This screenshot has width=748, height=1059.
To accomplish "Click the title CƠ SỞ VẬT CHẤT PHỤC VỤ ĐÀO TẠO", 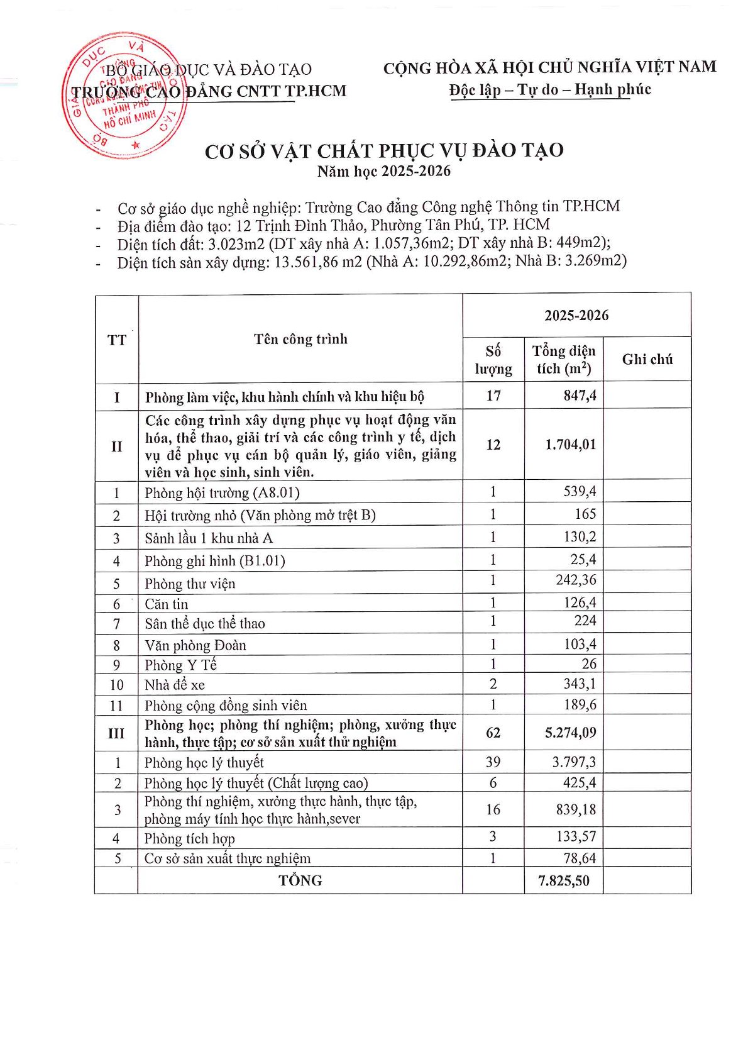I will [384, 152].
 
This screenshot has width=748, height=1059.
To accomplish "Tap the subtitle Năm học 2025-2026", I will [384, 171].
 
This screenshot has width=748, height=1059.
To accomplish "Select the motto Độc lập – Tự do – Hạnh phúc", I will [549, 90].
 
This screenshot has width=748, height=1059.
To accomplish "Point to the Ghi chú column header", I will [647, 360].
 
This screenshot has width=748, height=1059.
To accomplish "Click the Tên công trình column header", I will [300, 340].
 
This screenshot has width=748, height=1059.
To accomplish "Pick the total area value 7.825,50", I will [564, 880].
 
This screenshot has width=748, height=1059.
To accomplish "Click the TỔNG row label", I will [300, 880].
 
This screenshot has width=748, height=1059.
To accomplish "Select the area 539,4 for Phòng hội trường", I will [580, 492].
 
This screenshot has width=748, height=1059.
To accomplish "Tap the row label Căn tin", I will [167, 604].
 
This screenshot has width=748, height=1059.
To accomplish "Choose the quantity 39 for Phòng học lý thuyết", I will [493, 762].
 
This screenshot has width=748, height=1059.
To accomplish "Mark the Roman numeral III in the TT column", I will [116, 733].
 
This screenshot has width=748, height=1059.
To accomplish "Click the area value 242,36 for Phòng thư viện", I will [576, 580].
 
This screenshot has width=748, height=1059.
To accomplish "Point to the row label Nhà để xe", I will [175, 685].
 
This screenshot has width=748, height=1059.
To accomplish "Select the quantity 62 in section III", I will [493, 733].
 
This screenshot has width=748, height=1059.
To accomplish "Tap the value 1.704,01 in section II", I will [570, 445].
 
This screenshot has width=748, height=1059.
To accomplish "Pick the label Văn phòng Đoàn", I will [195, 645].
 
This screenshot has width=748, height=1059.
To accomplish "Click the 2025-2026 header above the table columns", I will [576, 316].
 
